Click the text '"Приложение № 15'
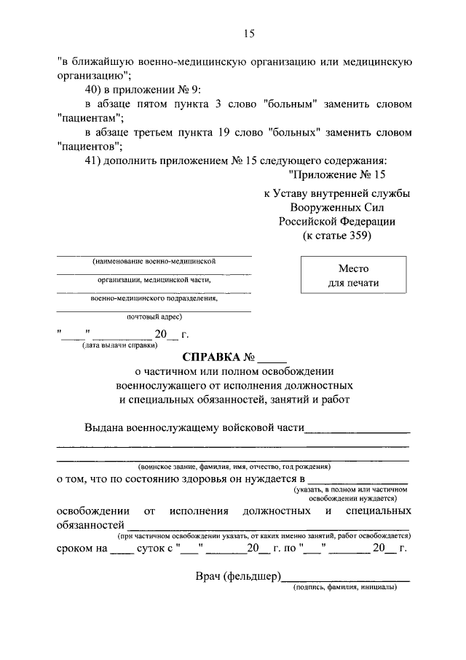coord(336,175)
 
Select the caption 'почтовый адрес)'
coord(154,317)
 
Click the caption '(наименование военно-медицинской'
coord(154,260)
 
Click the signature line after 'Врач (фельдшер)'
coord(346,579)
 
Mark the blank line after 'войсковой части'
coord(357,431)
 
